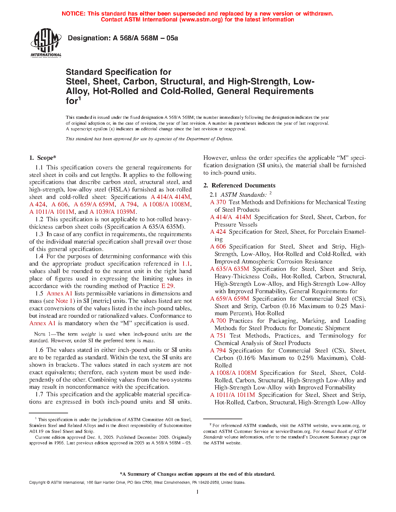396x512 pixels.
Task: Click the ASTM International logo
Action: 46,43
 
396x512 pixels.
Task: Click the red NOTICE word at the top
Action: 73,14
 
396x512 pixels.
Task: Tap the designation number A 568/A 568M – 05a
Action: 145,38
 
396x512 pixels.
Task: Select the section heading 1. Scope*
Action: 43,158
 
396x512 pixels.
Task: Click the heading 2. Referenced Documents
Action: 239,186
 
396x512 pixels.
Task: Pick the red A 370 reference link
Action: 218,202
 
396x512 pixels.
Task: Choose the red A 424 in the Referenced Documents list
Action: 218,232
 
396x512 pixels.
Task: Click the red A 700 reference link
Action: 218,321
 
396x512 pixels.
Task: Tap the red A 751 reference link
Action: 218,336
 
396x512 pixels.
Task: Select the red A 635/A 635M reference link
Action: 230,269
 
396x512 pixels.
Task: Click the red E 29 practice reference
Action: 167,286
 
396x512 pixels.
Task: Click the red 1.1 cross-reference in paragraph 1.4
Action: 186,264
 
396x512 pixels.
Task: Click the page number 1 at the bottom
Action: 198,492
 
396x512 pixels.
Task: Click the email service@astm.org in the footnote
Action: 293,431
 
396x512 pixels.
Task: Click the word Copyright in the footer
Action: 37,483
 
